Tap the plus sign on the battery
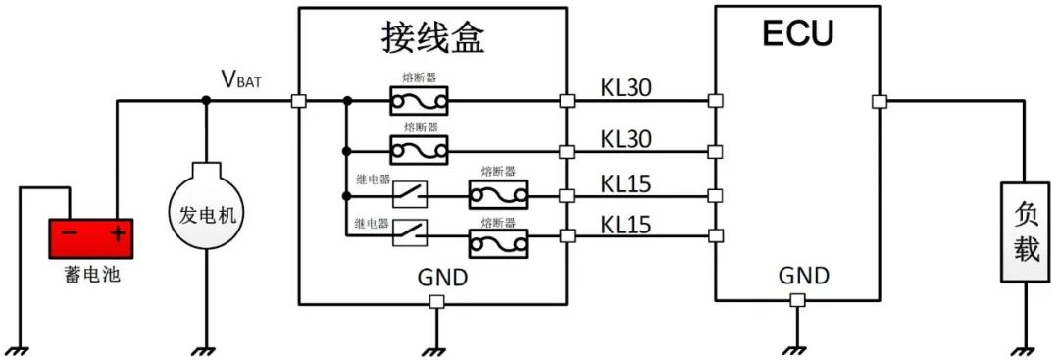tap(117, 234)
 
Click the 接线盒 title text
tap(432, 38)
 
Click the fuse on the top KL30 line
tap(419, 100)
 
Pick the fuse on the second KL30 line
tap(419, 151)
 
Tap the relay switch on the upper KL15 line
tap(410, 194)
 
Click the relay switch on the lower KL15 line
tap(410, 233)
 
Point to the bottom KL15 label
tap(627, 225)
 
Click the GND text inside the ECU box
tap(804, 276)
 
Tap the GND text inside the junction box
tap(441, 278)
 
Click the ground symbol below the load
tap(1025, 348)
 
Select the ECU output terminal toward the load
tap(879, 100)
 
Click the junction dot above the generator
tap(206, 100)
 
